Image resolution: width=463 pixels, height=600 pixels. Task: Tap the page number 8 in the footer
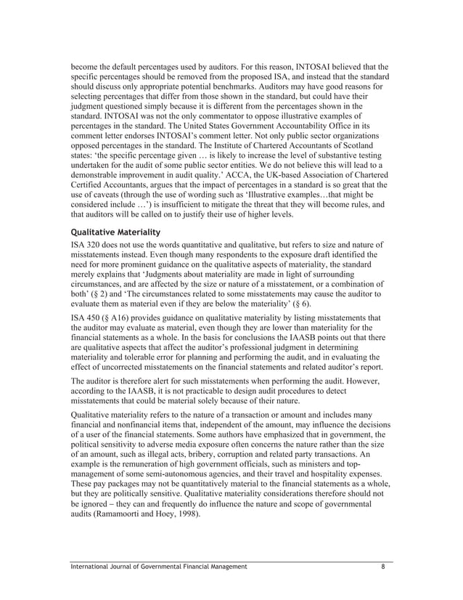click(383, 566)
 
